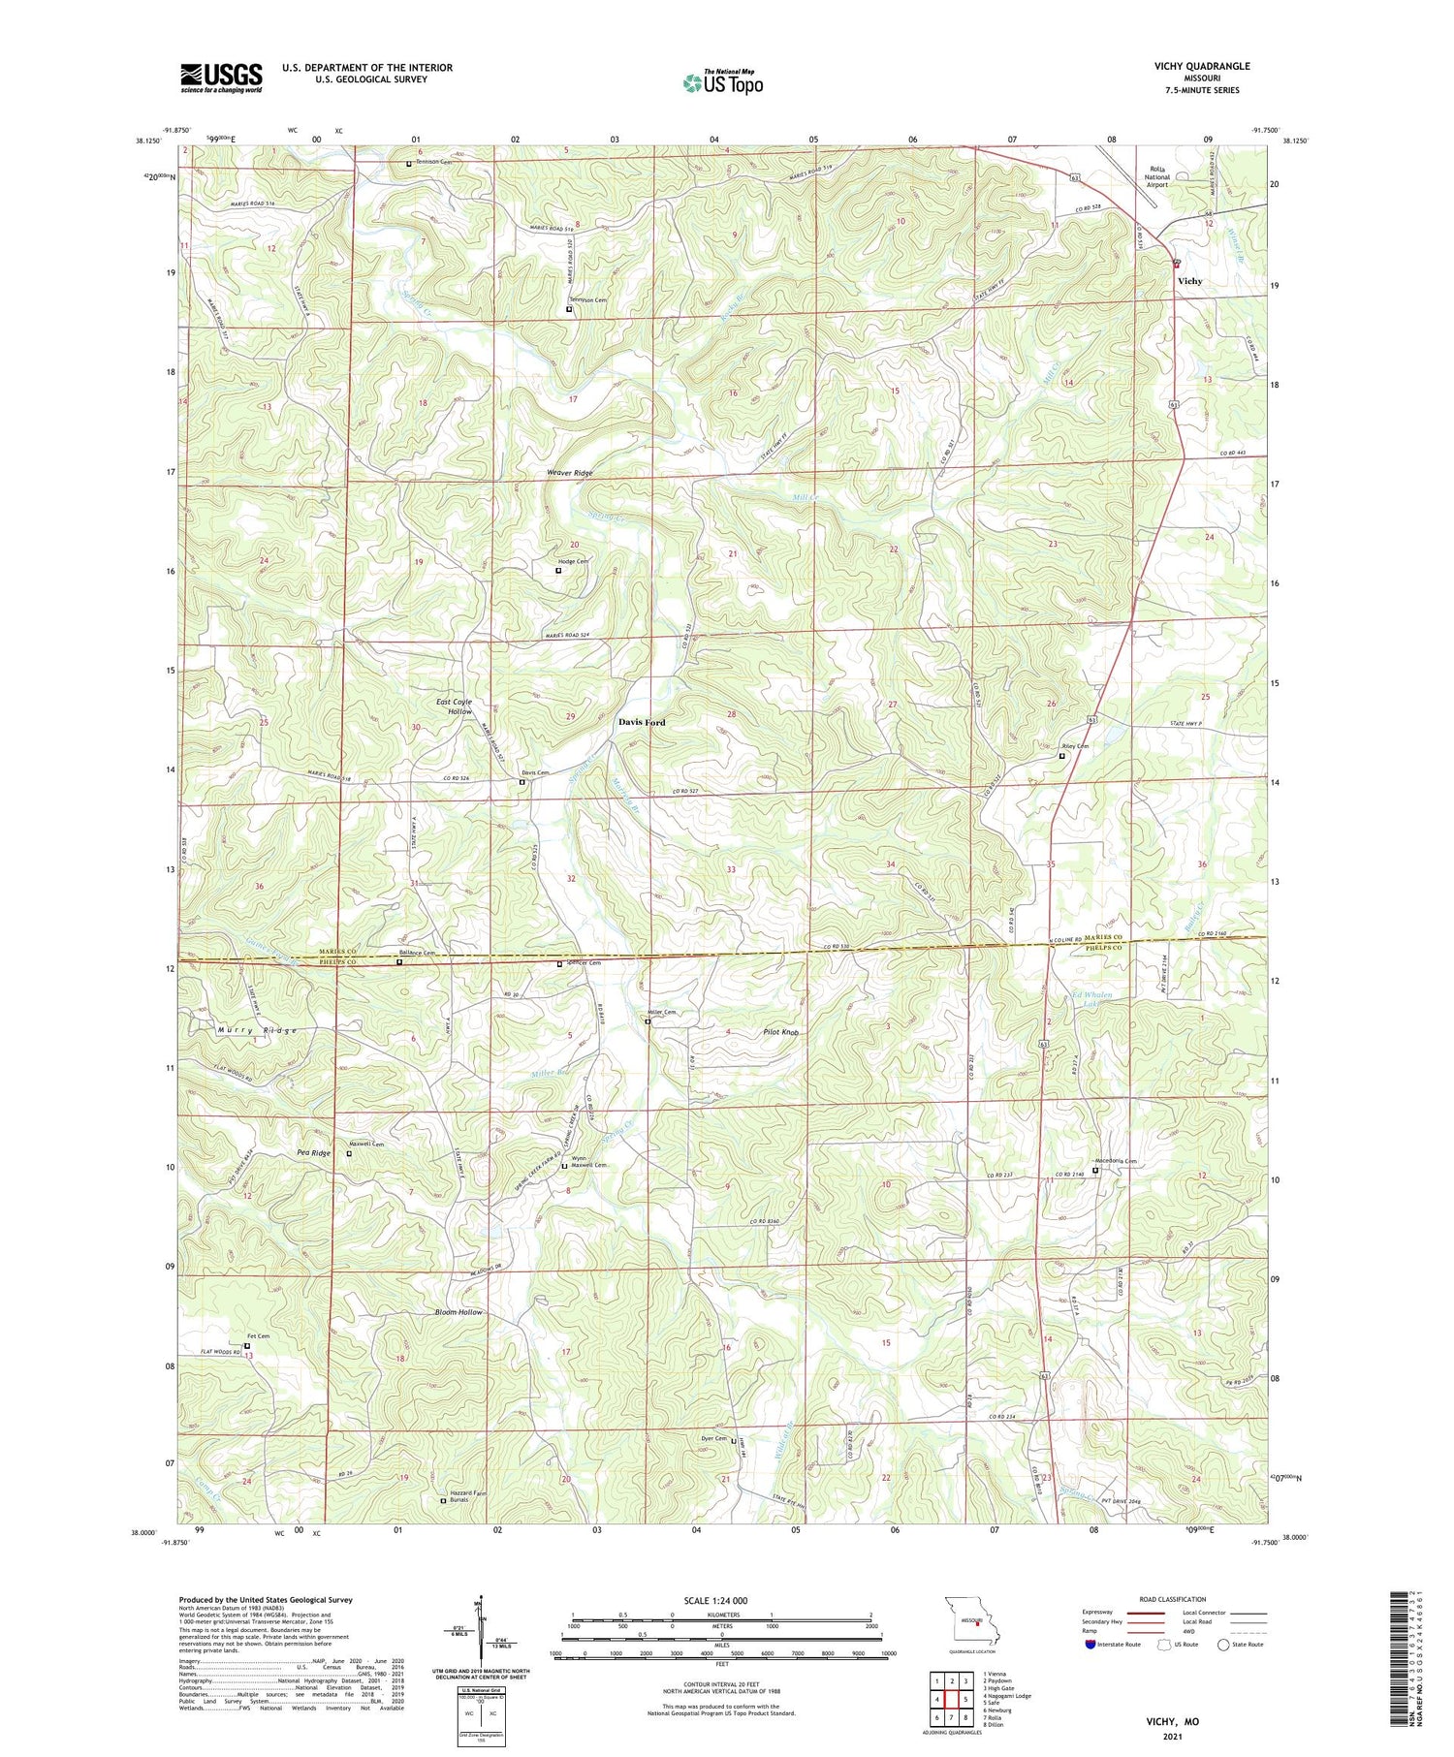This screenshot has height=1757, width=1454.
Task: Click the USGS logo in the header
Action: tap(221, 78)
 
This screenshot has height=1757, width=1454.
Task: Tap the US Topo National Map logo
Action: tap(722, 82)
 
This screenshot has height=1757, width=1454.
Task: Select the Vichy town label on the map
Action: tap(1189, 281)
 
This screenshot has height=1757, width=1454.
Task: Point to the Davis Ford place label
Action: tap(642, 723)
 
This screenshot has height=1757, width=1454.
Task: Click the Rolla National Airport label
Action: tap(1156, 177)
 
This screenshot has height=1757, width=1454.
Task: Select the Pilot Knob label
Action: tap(780, 1033)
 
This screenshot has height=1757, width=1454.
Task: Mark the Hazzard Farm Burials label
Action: tap(469, 1496)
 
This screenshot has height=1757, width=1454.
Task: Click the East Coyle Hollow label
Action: tap(454, 706)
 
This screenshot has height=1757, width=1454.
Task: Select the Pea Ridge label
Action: tap(313, 1153)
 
